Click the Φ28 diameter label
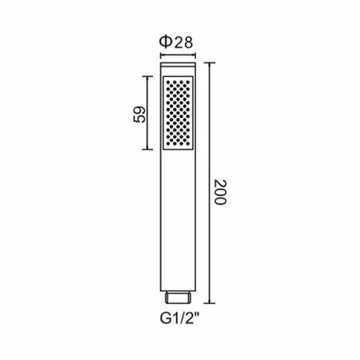[x=176, y=42]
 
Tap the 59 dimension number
[x=139, y=114]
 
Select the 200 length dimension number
[x=220, y=192]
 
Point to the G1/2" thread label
[x=179, y=319]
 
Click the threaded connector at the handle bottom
[x=178, y=297]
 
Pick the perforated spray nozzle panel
[x=178, y=113]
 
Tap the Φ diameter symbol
[x=165, y=42]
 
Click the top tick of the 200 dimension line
[x=209, y=63]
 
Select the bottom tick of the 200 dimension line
[x=209, y=303]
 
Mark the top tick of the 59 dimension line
[x=147, y=76]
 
